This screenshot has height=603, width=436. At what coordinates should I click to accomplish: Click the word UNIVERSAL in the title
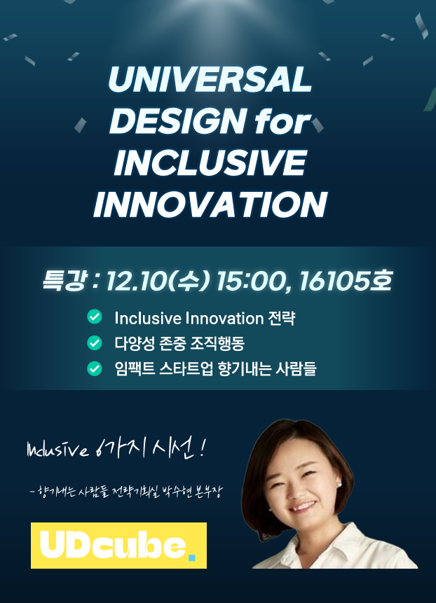(x=210, y=79)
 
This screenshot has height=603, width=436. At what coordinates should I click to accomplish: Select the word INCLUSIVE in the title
(x=210, y=162)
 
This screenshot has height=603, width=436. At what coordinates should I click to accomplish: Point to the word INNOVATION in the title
(x=210, y=205)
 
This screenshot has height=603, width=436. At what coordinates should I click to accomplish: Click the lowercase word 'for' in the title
(x=282, y=121)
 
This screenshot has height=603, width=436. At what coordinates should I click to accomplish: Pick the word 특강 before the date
(x=64, y=280)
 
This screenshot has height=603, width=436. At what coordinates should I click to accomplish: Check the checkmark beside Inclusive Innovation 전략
(x=95, y=317)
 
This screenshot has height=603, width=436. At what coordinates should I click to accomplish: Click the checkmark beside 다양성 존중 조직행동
(x=95, y=342)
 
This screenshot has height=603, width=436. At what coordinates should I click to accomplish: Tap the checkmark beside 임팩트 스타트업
(x=95, y=368)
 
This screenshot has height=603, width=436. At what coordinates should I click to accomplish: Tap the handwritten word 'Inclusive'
(x=57, y=450)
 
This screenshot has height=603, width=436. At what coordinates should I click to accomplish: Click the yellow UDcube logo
(x=118, y=545)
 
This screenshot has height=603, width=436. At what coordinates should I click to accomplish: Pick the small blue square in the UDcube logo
(x=191, y=557)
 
